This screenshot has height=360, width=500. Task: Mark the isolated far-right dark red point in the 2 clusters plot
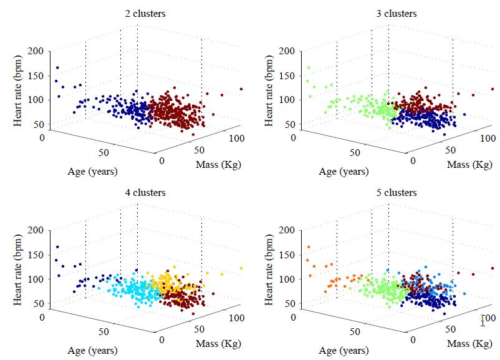[x=241, y=89]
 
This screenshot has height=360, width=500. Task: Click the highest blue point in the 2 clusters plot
[x=57, y=68]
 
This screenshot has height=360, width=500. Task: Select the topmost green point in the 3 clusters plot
[x=308, y=68]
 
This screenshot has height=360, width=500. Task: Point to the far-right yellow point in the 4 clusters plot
[x=241, y=268]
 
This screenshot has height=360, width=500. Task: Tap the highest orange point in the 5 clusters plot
[x=308, y=247]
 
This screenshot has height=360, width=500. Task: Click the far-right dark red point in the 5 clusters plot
[x=493, y=268]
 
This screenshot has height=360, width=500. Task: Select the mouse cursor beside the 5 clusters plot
[x=483, y=322]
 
